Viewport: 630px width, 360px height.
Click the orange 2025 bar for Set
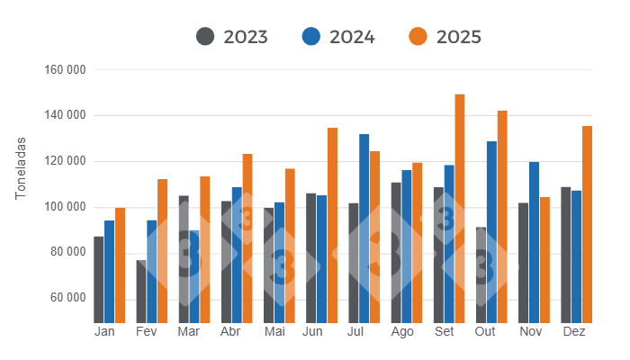click(x=460, y=208)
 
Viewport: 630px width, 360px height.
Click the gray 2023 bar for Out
click(x=481, y=274)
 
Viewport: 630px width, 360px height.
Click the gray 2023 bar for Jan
click(x=99, y=279)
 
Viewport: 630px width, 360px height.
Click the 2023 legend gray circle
click(x=205, y=37)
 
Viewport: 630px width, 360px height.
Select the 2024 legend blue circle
click(x=311, y=37)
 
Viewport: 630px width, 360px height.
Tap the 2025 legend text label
click(x=459, y=37)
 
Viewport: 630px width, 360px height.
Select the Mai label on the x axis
click(x=274, y=332)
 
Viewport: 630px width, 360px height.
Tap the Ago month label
click(x=402, y=332)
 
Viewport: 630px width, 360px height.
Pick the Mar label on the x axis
click(x=189, y=332)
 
